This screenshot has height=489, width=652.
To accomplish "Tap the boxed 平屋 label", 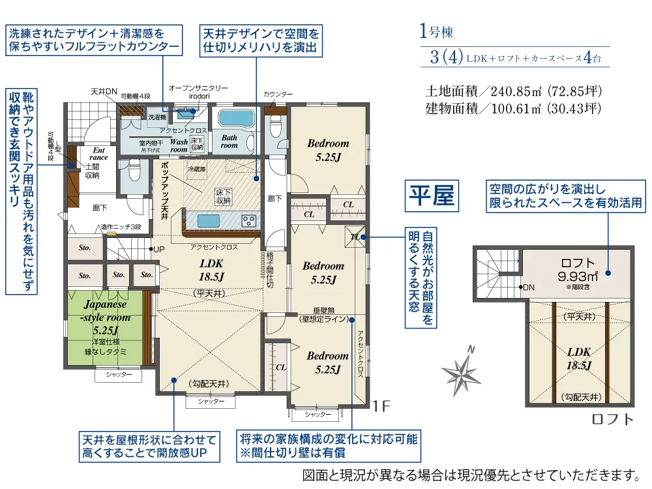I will point(431,196).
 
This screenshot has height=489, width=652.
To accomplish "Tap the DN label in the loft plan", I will point(529,288).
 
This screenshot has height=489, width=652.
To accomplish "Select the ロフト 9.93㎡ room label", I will point(578,267).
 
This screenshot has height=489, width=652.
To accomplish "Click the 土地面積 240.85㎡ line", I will point(512,91).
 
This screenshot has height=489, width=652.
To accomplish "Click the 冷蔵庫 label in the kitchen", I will point(196,169).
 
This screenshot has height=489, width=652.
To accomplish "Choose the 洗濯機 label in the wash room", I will point(157,117).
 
